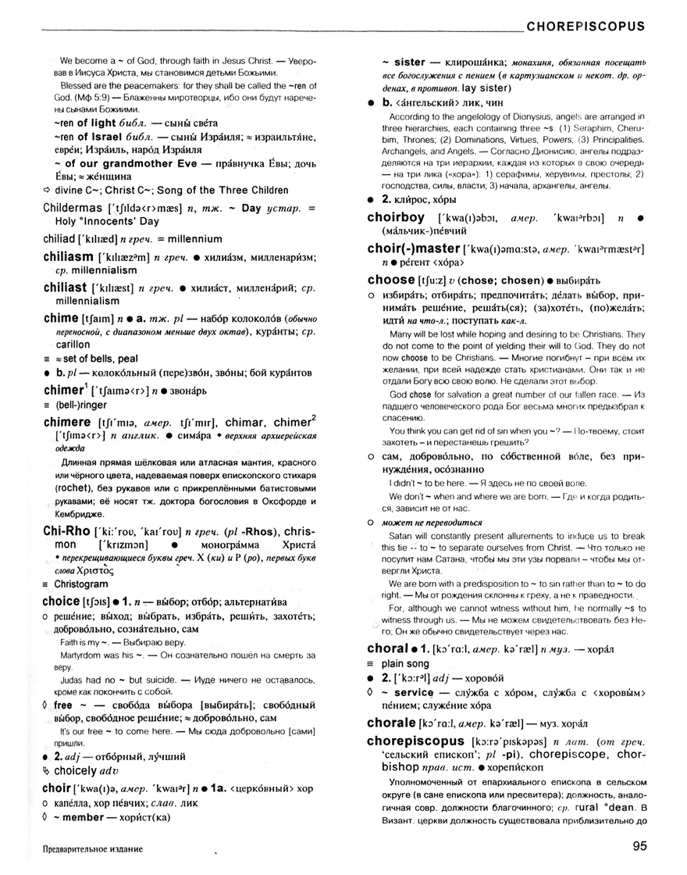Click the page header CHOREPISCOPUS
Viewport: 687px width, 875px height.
(586, 26)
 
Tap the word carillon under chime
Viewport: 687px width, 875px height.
(72, 344)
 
